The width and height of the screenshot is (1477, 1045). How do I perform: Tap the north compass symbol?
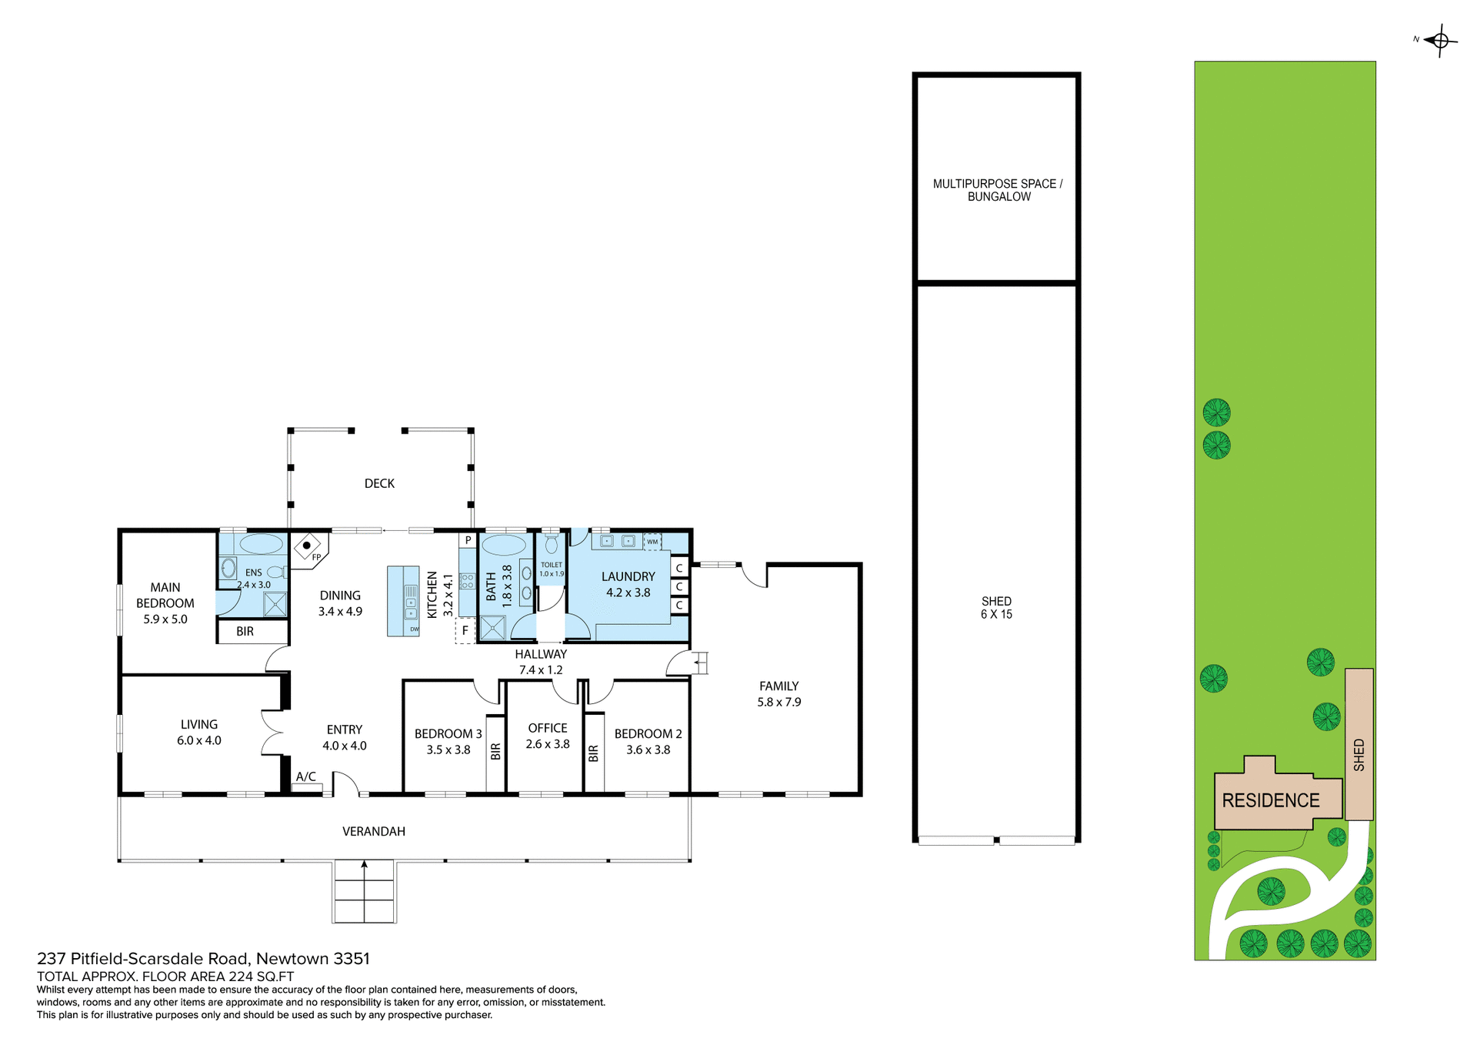1440,40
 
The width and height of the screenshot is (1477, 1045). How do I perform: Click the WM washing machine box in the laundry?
652,542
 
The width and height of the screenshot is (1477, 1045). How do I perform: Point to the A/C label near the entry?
306,776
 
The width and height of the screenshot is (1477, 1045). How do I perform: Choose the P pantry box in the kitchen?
468,540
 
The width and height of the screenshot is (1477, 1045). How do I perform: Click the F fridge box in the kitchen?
465,631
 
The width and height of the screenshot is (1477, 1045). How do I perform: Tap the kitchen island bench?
402,601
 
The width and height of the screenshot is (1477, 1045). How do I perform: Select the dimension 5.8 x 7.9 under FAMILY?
779,702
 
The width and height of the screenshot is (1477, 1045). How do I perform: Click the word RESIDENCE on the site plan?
1270,800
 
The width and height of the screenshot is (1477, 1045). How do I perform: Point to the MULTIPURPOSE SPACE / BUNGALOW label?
998,190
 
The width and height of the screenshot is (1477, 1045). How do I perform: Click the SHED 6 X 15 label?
996,608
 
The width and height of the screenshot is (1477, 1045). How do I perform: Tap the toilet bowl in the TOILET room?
550,544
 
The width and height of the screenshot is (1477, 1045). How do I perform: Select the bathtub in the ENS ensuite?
261,544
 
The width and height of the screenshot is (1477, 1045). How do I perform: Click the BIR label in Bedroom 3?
495,752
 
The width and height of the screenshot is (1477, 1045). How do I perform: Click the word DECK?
379,483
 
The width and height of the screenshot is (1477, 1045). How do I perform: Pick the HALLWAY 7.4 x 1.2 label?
541,662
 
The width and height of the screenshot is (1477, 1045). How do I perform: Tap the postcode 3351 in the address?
352,959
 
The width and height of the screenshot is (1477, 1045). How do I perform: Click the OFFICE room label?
548,728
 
